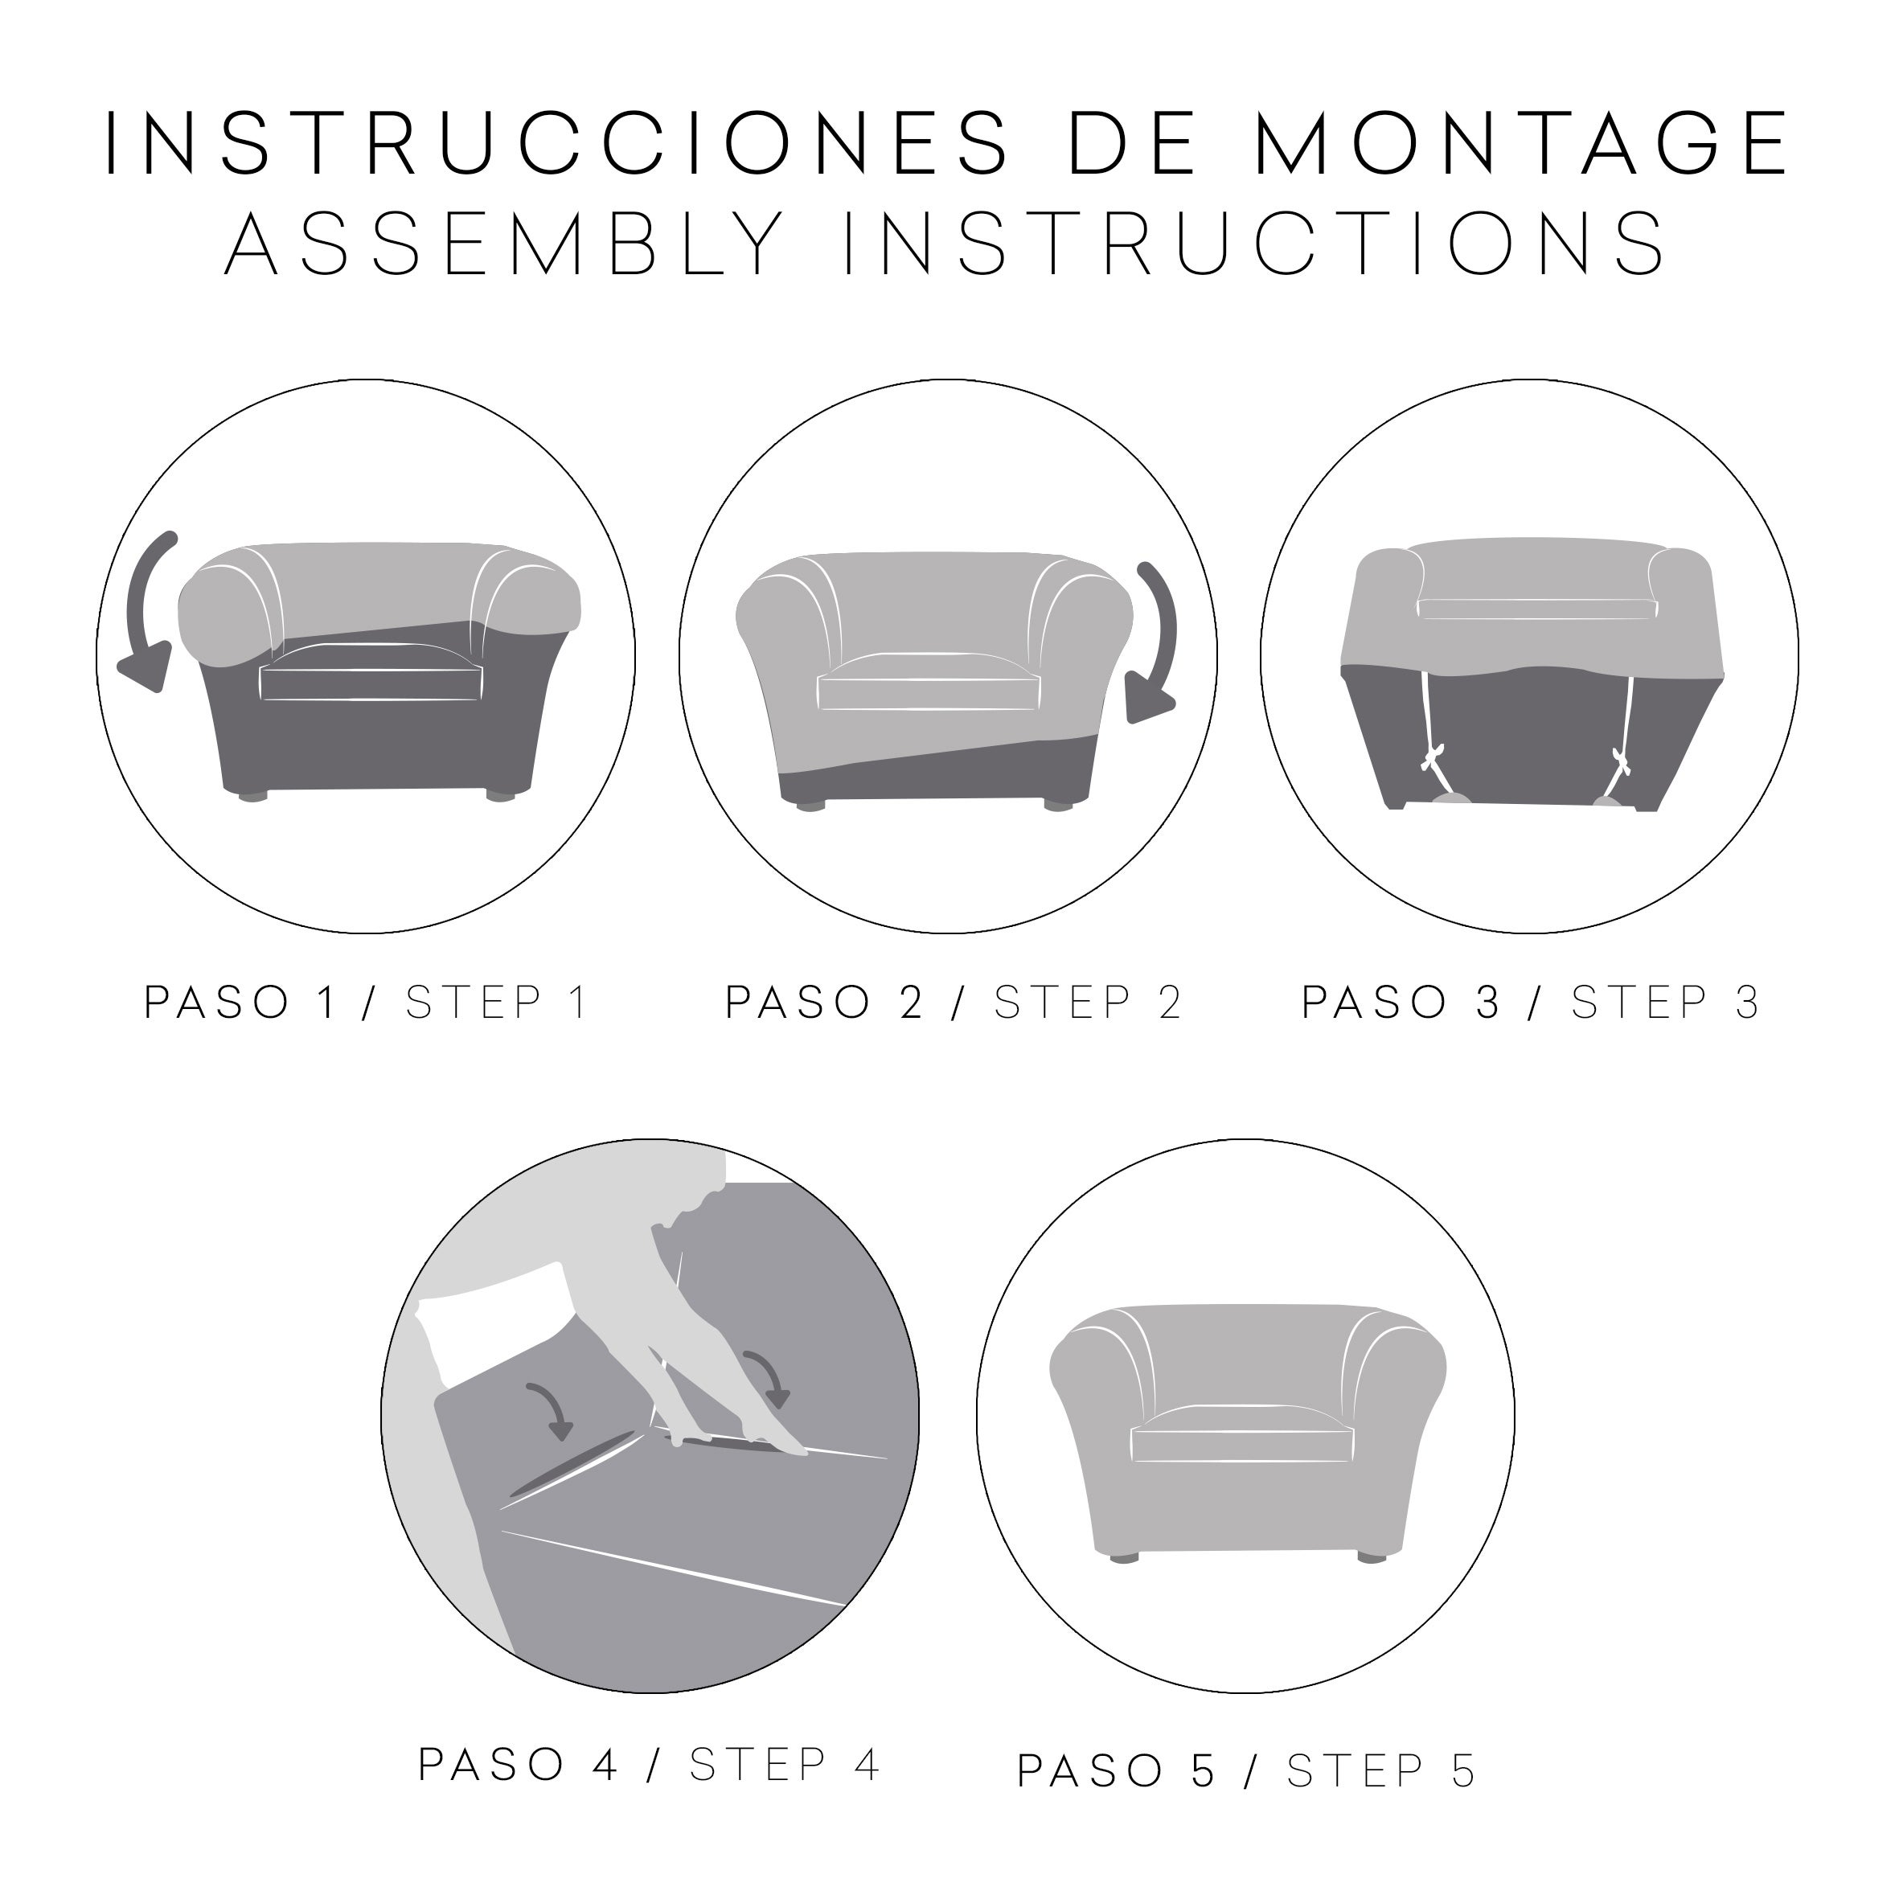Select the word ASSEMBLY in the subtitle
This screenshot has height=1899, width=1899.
pos(503,244)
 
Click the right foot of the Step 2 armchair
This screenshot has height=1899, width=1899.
pos(1059,805)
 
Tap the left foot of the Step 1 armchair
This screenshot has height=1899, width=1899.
pos(253,794)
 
